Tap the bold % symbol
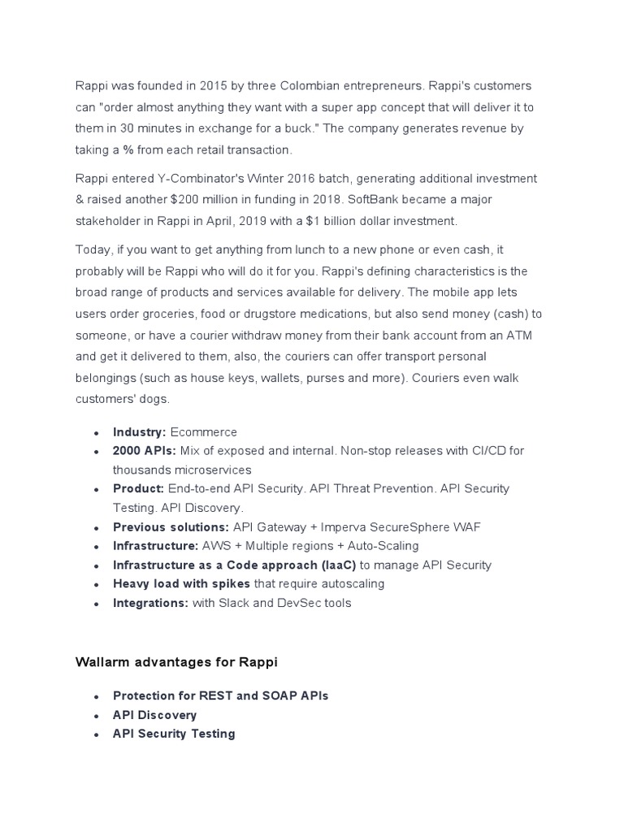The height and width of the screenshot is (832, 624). [128, 149]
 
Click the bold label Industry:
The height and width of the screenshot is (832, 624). [140, 432]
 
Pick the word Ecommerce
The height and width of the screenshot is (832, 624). [203, 432]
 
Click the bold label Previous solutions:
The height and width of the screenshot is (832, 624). [171, 527]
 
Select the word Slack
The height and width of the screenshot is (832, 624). [236, 603]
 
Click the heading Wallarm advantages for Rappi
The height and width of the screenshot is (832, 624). [176, 662]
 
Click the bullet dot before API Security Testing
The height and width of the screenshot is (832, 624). [97, 734]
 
